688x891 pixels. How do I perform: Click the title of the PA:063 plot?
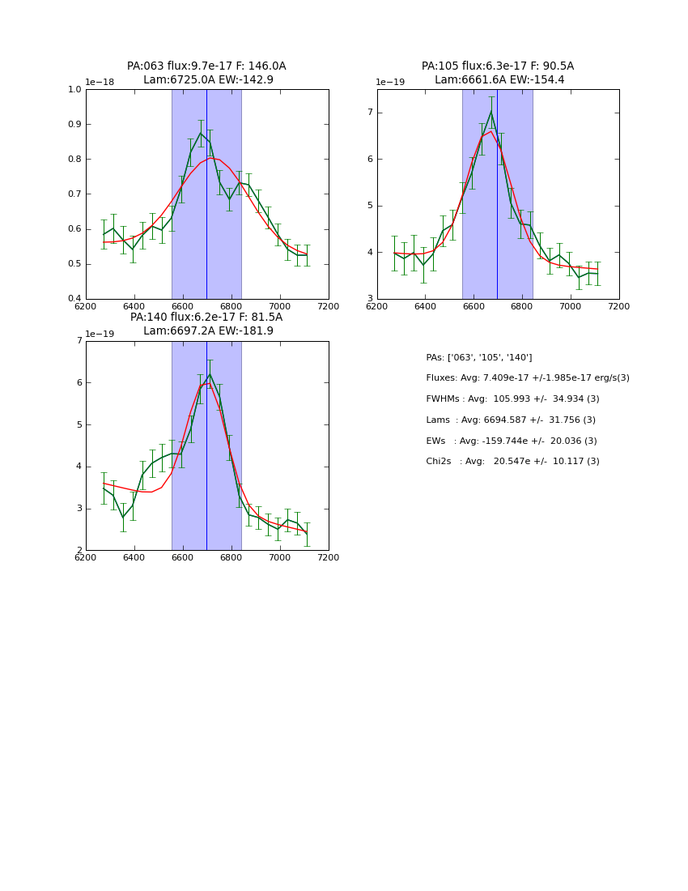click(x=206, y=73)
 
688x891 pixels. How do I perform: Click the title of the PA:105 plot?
click(x=497, y=73)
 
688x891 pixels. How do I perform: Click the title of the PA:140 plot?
click(x=206, y=324)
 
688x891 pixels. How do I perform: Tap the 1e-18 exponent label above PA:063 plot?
click(x=100, y=83)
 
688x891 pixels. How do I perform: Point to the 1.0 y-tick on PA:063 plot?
click(x=75, y=90)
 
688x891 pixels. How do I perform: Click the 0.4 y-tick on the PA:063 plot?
click(x=75, y=299)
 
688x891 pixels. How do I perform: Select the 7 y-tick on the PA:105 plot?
click(x=368, y=113)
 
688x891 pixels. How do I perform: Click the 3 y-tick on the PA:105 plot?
click(x=368, y=299)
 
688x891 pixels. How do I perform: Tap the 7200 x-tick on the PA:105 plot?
click(x=619, y=306)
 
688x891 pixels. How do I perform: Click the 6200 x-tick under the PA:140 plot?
click(x=86, y=557)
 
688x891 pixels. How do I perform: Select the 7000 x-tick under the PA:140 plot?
click(x=280, y=557)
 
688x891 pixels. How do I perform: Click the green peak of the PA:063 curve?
click(x=201, y=133)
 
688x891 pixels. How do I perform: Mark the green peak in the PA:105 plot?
click(x=491, y=111)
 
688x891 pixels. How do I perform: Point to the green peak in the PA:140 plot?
click(x=210, y=374)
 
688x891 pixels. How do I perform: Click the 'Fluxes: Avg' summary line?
click(x=527, y=378)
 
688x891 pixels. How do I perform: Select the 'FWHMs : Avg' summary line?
click(x=512, y=399)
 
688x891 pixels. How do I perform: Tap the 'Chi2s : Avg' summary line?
click(x=512, y=462)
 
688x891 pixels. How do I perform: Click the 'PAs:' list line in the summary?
click(x=478, y=357)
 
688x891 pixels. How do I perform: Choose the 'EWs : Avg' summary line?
click(x=512, y=441)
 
